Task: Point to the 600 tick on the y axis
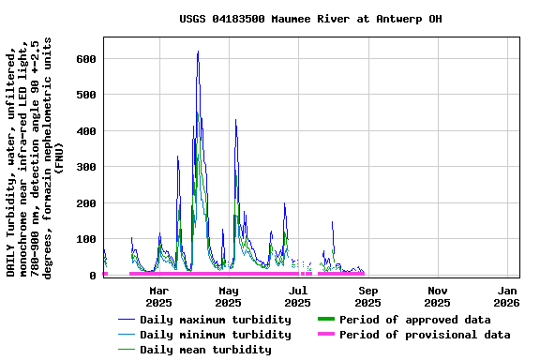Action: (86, 59)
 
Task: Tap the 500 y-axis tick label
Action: (86, 95)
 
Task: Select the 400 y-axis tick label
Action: (86, 131)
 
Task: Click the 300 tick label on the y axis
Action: (86, 167)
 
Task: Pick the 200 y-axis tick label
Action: (86, 203)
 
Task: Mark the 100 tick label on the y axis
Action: (86, 239)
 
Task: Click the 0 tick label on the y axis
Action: (93, 276)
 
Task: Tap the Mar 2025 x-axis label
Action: (158, 296)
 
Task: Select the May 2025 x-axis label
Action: (228, 296)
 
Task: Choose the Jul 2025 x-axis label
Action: (297, 296)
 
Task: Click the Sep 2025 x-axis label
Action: (367, 296)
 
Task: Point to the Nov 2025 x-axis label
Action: (437, 296)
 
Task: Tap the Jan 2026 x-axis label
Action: (506, 296)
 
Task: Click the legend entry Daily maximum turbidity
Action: (215, 320)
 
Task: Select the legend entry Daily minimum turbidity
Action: (215, 335)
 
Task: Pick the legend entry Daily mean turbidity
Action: (205, 350)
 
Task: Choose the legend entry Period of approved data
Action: (414, 320)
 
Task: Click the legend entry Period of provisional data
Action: (425, 335)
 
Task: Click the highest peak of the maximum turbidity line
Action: (198, 52)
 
